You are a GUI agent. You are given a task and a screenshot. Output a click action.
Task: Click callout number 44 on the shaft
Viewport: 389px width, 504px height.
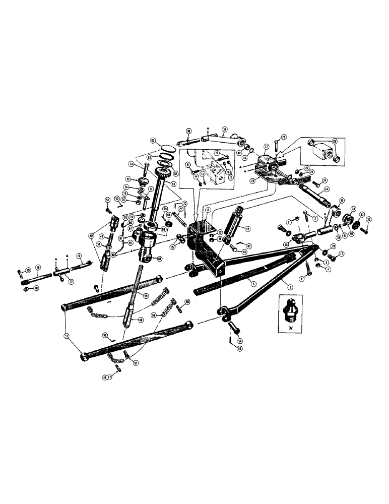(319, 189)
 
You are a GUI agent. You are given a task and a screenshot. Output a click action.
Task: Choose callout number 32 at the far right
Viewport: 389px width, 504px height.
(369, 219)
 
